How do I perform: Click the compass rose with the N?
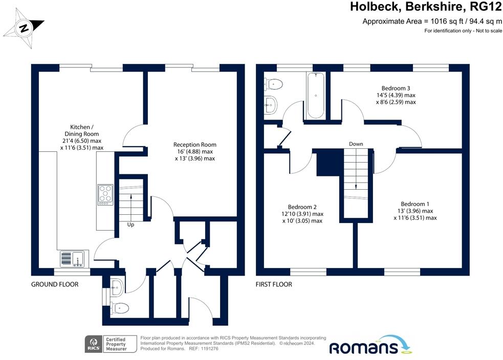(24, 28)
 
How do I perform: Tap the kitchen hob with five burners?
(105, 195)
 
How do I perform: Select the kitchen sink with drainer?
(72, 259)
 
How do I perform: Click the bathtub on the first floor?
(316, 96)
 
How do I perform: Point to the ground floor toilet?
(120, 308)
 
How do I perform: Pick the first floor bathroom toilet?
(273, 84)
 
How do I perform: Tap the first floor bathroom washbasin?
(271, 104)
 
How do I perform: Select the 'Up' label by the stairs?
(130, 224)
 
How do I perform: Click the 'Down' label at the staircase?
(356, 144)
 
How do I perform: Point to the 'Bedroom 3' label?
(396, 88)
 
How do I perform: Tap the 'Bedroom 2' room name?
(302, 207)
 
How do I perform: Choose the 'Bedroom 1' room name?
(415, 204)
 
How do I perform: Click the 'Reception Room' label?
(195, 145)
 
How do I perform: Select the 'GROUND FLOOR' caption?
(55, 284)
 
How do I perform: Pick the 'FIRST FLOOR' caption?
(274, 284)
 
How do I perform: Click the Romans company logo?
(370, 345)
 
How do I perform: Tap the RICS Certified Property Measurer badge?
(111, 344)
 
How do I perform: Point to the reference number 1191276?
(208, 348)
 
